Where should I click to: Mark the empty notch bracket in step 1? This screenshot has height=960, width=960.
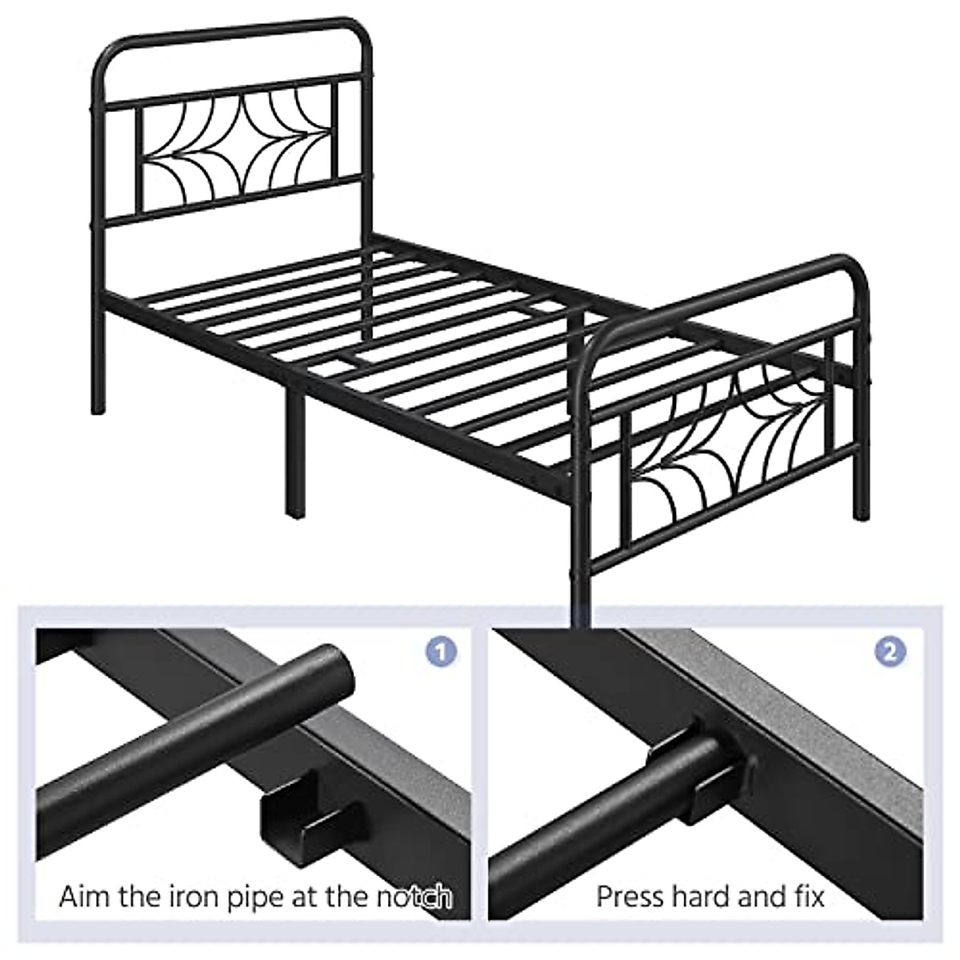coord(292,820)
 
